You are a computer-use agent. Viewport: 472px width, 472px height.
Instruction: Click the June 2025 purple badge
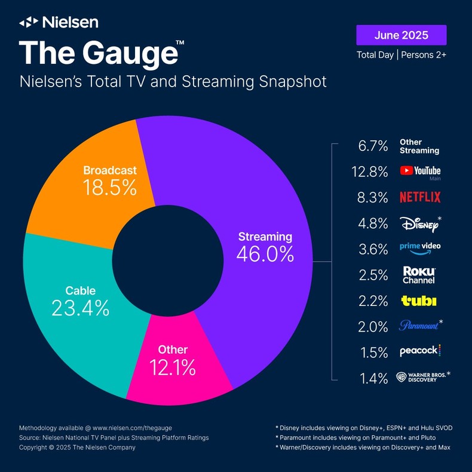(401, 35)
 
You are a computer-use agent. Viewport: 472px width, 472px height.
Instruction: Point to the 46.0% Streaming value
(265, 254)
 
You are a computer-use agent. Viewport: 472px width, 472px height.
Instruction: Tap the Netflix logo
(420, 197)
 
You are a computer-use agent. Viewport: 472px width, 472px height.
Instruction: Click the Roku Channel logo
(418, 275)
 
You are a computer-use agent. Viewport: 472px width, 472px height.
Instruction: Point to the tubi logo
(418, 301)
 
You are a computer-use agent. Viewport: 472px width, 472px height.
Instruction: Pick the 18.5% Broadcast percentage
(110, 188)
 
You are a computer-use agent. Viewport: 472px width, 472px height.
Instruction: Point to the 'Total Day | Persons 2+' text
(401, 54)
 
